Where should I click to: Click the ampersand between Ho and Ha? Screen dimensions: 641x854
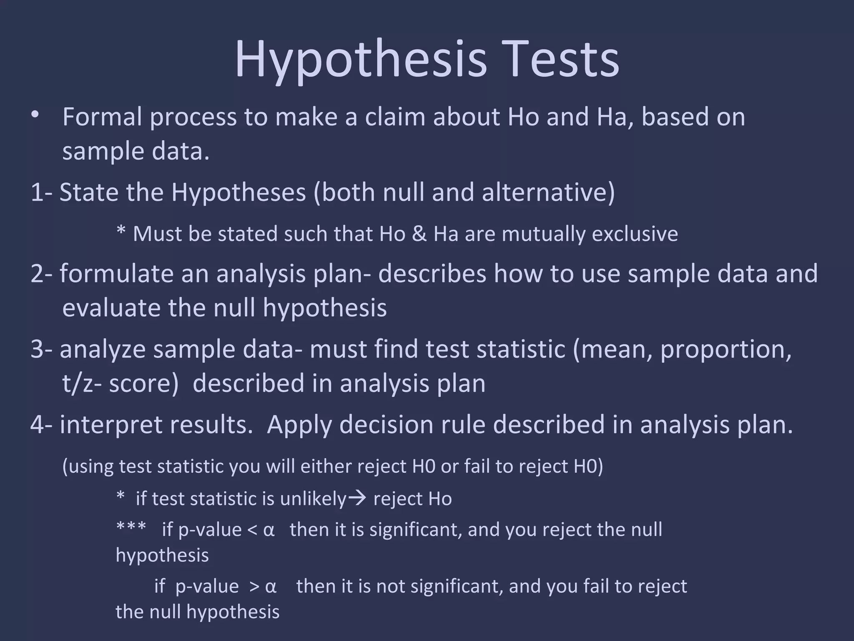click(419, 234)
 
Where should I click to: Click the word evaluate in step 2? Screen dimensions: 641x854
click(111, 308)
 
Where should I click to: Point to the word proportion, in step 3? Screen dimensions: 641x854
click(726, 349)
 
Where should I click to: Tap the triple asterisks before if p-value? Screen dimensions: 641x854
click(131, 527)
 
